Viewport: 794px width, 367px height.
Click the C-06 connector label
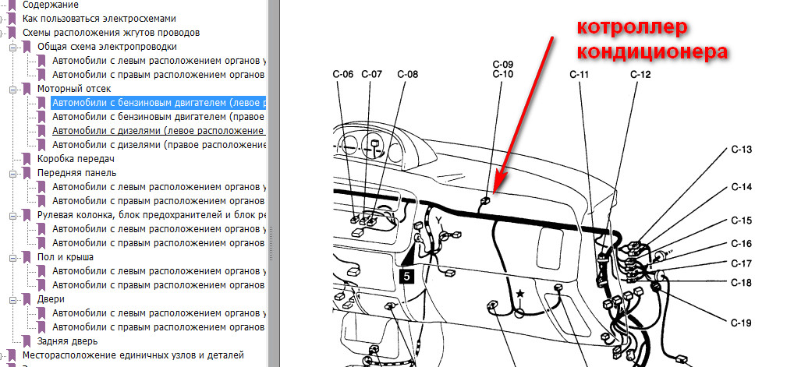tap(343, 74)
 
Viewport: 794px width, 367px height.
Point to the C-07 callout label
tap(371, 74)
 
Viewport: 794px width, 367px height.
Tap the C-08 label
tap(408, 74)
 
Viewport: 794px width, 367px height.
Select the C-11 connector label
tap(579, 75)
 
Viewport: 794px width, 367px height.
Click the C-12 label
tap(640, 75)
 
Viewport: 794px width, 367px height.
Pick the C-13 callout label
tap(741, 150)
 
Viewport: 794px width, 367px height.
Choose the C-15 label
tap(741, 221)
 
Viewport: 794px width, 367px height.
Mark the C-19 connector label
tap(741, 323)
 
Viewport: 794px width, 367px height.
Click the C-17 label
tap(741, 263)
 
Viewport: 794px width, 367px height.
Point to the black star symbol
tap(519, 294)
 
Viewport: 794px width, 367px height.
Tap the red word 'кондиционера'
tap(653, 51)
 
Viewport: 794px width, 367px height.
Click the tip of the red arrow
tap(495, 192)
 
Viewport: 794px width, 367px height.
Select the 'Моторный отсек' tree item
tap(74, 89)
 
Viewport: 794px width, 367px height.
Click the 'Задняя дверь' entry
tap(67, 341)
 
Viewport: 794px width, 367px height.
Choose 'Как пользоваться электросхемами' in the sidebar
tap(99, 19)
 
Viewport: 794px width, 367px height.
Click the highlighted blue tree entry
tap(159, 103)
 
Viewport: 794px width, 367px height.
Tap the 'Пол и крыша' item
tap(66, 257)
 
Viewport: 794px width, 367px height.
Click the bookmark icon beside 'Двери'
tap(27, 299)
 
